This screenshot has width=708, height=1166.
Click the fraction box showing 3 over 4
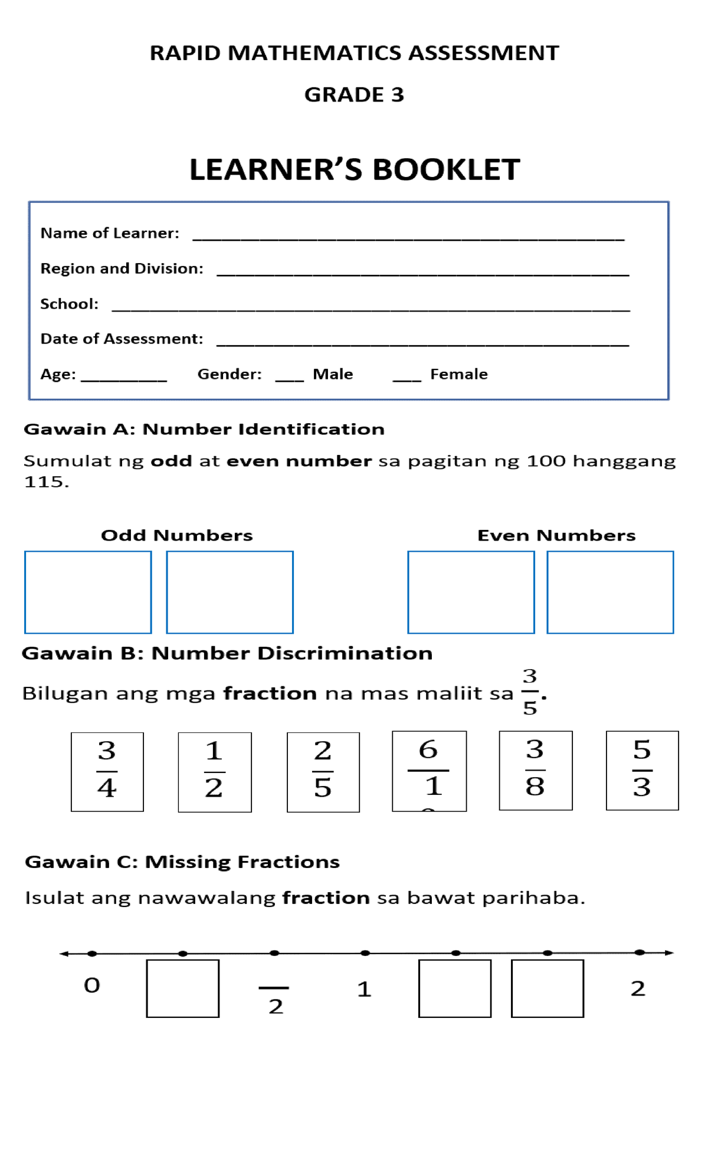pos(107,771)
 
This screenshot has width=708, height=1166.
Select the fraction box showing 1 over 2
pos(215,772)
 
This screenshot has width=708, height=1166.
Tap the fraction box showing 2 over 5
pos(323,772)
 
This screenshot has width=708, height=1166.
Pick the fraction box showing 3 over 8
pos(535,770)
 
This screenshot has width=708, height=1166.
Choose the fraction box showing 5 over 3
pos(642,770)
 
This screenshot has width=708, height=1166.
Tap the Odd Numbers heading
pos(176,535)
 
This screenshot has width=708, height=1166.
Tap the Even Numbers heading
pos(556,535)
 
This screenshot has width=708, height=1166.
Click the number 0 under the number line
pos(92,985)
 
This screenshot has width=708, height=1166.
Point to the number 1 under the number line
pos(364,989)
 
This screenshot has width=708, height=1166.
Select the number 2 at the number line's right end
pos(638,988)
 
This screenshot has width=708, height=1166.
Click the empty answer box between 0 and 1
pos(183,988)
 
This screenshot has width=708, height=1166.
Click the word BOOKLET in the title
pos(446,170)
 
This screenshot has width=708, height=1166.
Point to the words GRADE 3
pos(354,94)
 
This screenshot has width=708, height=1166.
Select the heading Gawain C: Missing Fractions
pos(182,862)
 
